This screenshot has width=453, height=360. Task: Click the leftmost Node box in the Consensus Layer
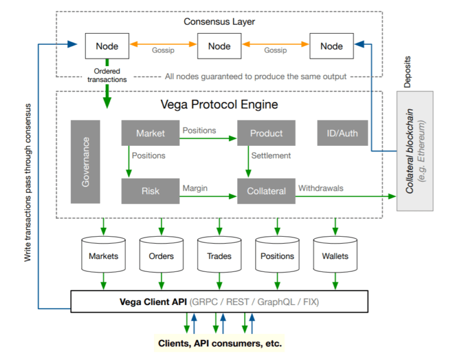tap(107, 46)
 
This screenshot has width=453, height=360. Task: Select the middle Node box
tap(218, 46)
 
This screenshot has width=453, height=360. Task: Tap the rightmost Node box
tap(331, 46)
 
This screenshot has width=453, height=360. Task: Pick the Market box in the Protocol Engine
tap(150, 133)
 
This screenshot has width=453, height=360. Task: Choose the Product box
tap(266, 133)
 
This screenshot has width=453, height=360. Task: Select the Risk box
tap(150, 191)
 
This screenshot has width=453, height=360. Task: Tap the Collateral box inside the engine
tap(266, 191)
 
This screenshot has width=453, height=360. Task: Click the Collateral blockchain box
tap(415, 151)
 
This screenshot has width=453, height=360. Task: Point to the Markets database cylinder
tap(103, 256)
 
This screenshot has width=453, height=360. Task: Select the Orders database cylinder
tap(161, 256)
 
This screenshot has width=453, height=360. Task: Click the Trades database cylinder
tap(219, 256)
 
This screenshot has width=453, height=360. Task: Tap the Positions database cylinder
tap(277, 256)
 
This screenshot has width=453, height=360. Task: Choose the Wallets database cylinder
tap(335, 256)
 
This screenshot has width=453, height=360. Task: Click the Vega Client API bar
tap(219, 302)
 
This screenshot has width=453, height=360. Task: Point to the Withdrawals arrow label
tap(321, 188)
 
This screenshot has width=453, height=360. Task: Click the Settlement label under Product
tap(271, 156)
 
